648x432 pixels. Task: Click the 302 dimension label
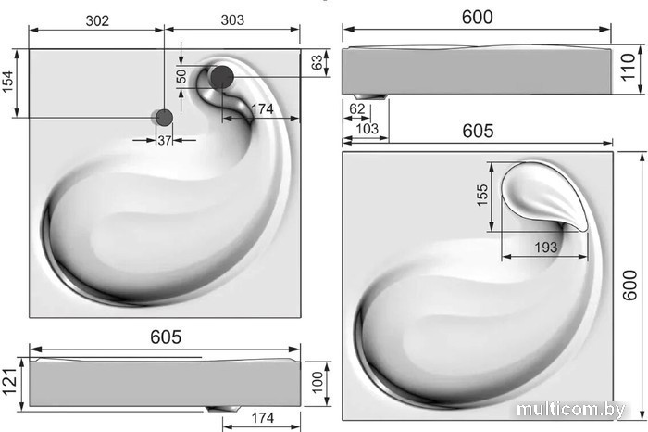pos(97,20)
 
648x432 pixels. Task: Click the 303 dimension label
pos(232,19)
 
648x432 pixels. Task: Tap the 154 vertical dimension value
pos(7,83)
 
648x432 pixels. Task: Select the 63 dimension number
pos(317,62)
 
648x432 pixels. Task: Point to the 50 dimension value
pos(181,77)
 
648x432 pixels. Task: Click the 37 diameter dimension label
pos(164,141)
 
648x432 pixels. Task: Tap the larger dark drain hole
pos(222,77)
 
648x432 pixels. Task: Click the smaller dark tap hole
pos(164,118)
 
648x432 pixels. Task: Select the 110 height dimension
pos(628,68)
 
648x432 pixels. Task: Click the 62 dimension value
pos(357,108)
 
